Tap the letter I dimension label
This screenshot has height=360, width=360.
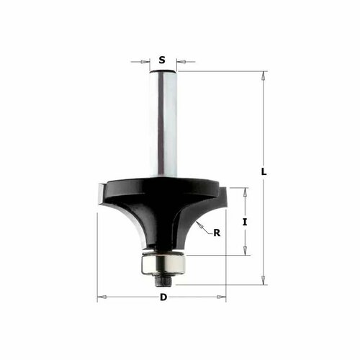(245, 222)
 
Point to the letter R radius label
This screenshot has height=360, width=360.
(217, 232)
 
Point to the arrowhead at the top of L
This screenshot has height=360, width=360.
(264, 76)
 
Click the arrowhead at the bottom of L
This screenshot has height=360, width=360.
(264, 280)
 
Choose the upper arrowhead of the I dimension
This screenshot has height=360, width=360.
(245, 192)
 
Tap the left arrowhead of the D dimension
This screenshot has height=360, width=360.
(102, 297)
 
